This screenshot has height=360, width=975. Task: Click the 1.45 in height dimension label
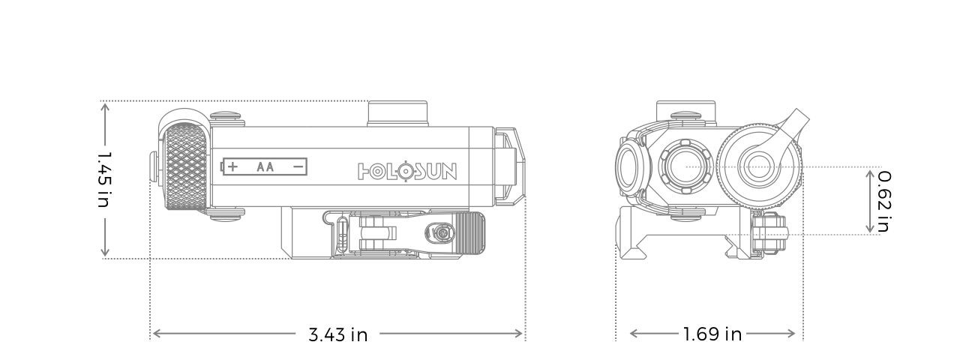pos(104,180)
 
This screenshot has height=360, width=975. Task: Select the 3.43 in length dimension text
pos(338,334)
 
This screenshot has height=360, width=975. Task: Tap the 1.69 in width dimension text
pos(712,334)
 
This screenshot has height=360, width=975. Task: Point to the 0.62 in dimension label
pos(884,201)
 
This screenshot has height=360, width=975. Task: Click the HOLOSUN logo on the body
pos(406,172)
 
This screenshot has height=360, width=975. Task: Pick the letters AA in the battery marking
pos(265,166)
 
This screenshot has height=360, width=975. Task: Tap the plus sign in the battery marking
pos(233,166)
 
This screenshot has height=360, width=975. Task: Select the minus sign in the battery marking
pos(298,166)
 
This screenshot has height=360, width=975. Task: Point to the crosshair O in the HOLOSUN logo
pos(403,172)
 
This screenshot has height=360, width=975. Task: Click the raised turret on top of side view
pos(397,113)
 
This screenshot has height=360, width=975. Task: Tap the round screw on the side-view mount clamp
pos(442,233)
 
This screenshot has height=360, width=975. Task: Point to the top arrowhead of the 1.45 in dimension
pos(105,107)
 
